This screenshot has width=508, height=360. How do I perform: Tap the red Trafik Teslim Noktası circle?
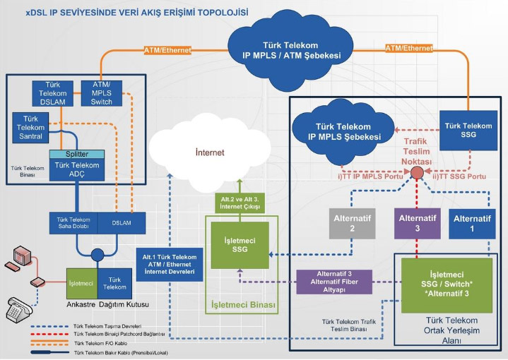418,173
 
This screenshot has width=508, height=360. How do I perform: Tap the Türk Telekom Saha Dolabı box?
74,223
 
